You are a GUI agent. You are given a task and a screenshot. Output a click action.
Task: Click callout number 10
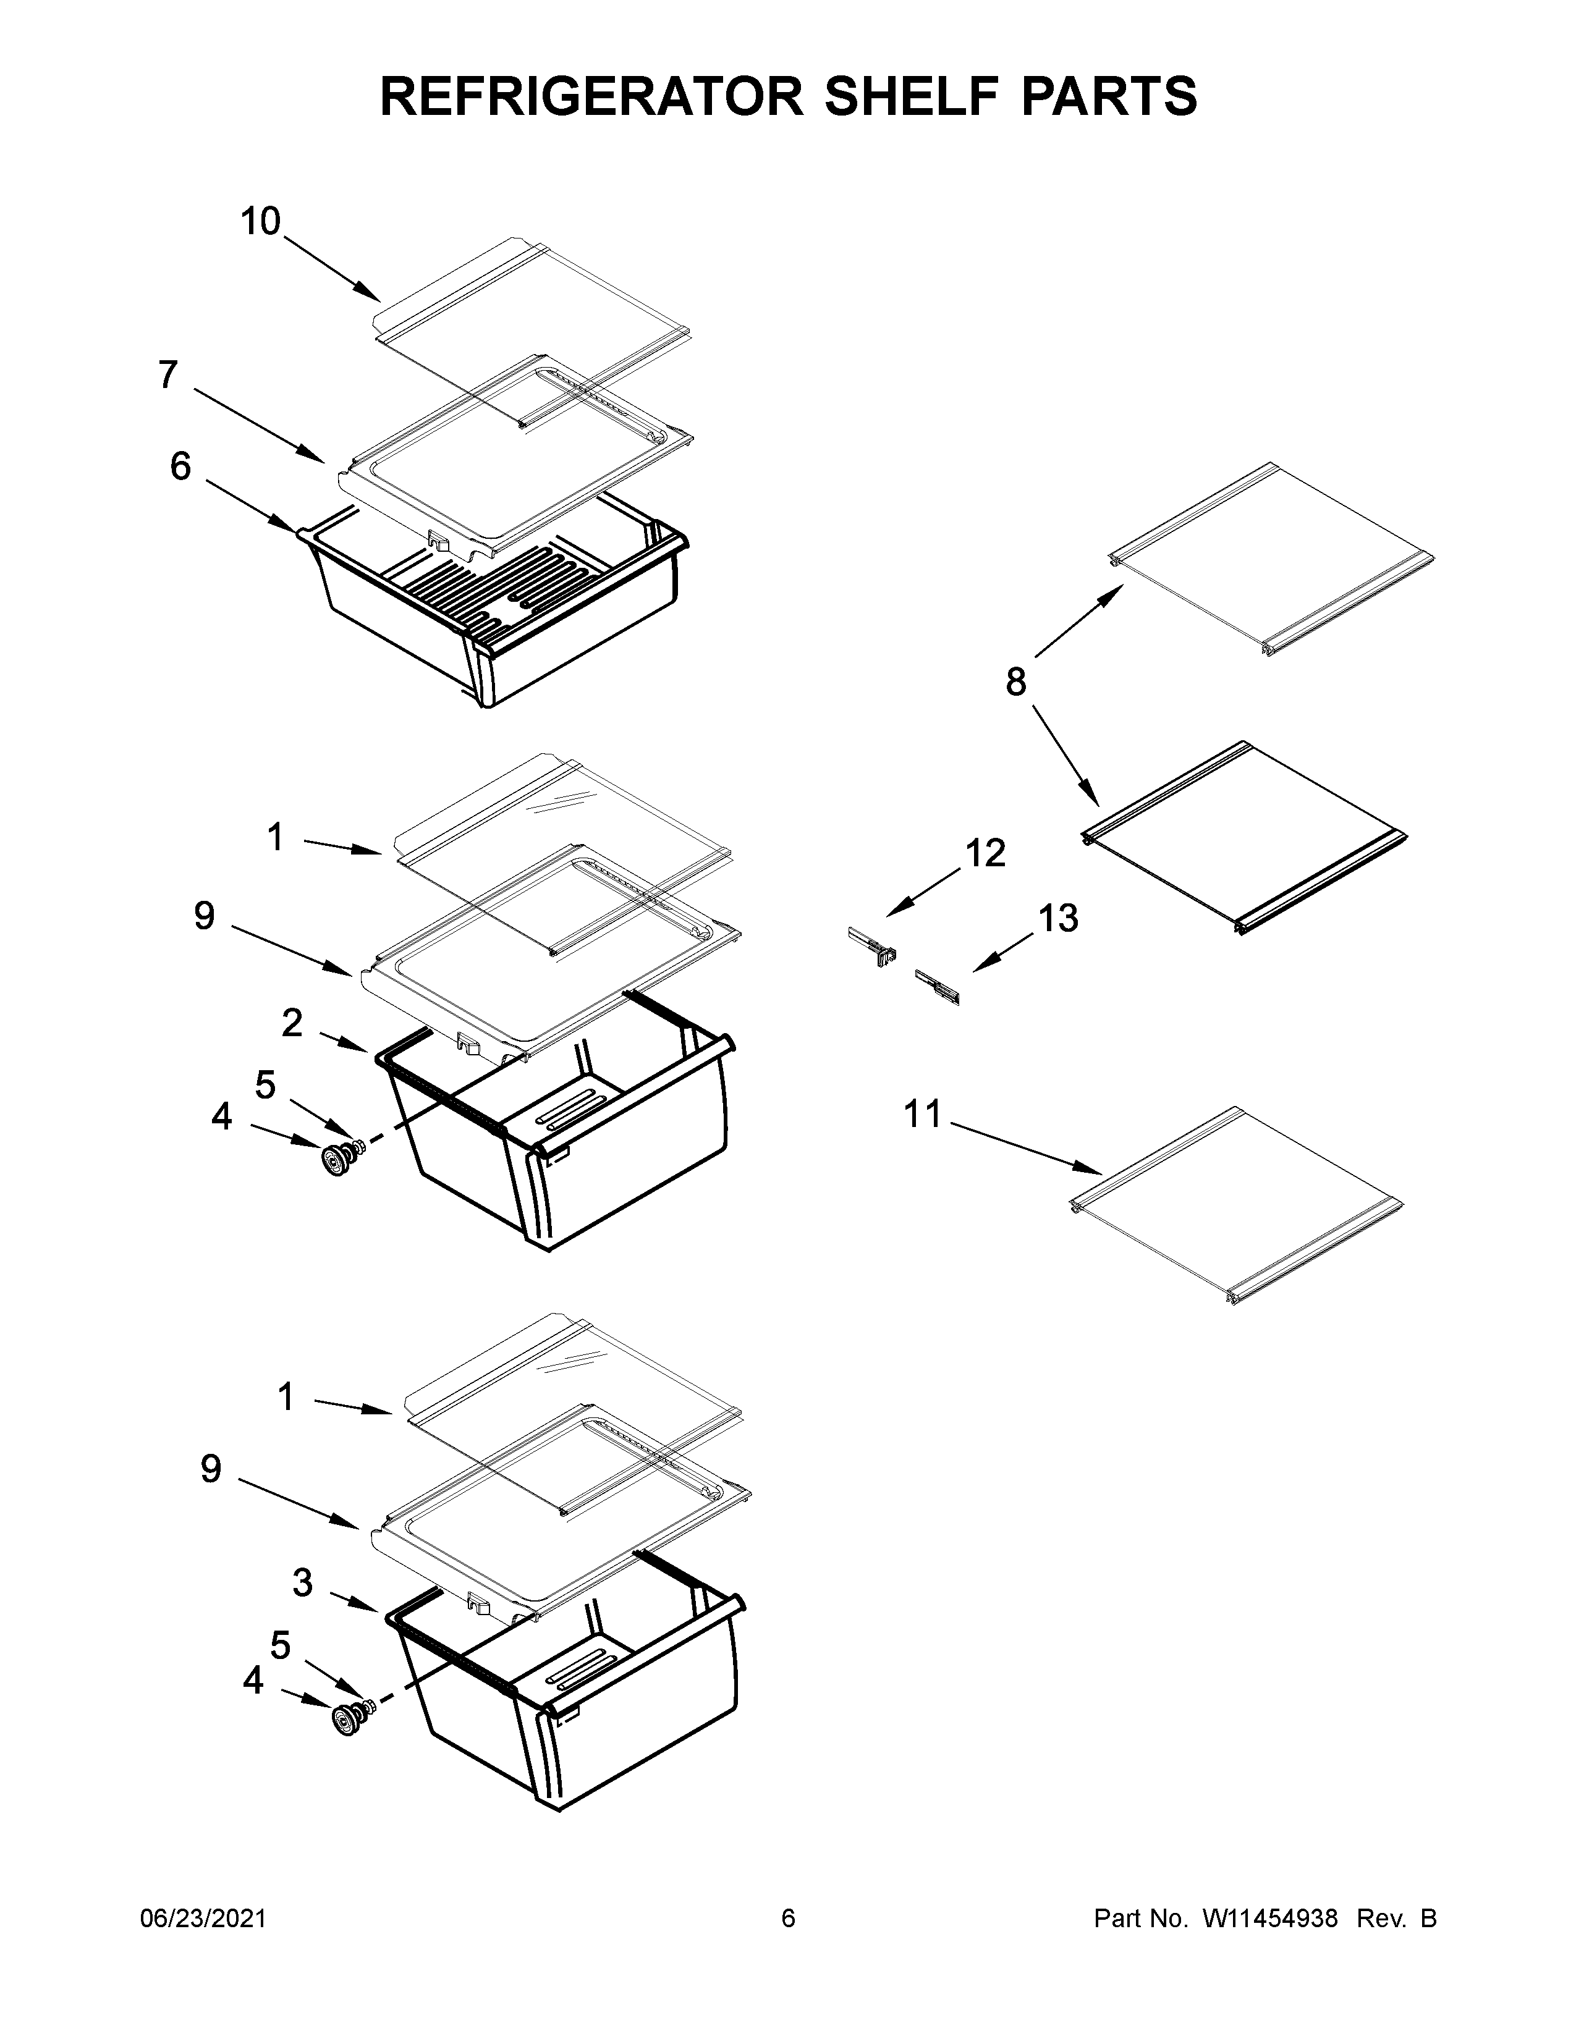tap(260, 222)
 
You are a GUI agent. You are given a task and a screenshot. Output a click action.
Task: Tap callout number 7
tap(168, 374)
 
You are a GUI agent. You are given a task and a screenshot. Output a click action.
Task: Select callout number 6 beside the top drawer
tap(180, 466)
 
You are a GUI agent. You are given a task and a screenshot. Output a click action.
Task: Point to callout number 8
tap(1016, 683)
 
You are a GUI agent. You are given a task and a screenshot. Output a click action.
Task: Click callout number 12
tap(985, 853)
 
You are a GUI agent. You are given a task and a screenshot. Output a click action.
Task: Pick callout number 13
tap(1059, 919)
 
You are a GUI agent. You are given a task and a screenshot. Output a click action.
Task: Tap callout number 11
tap(923, 1114)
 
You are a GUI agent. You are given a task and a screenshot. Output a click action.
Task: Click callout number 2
tap(292, 1023)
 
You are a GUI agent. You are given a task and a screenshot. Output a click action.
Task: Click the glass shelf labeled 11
tap(1237, 1204)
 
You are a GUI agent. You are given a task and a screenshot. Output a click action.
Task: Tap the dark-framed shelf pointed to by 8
tap(1242, 835)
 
